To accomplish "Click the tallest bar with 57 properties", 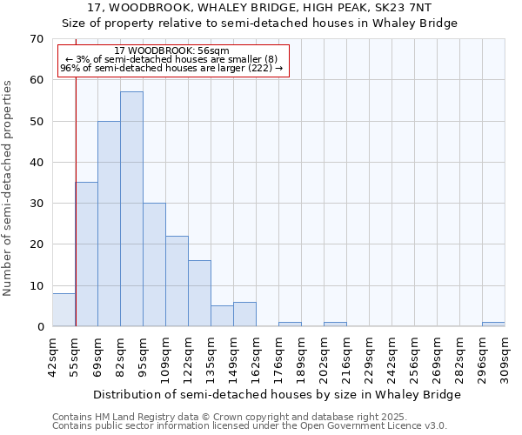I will (131, 209).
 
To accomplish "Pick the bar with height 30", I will (154, 264).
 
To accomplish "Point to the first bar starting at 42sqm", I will (64, 310).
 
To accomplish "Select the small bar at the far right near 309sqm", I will (493, 325).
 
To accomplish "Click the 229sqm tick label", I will (370, 353).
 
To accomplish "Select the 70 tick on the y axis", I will (36, 39).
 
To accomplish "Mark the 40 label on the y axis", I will (36, 163).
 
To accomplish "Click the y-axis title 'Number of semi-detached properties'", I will (8, 188).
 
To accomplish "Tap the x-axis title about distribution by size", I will (276, 394).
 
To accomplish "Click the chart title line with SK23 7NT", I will (271, 7).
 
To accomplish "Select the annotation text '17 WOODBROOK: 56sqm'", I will (172, 51).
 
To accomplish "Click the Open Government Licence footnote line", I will (250, 426).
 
